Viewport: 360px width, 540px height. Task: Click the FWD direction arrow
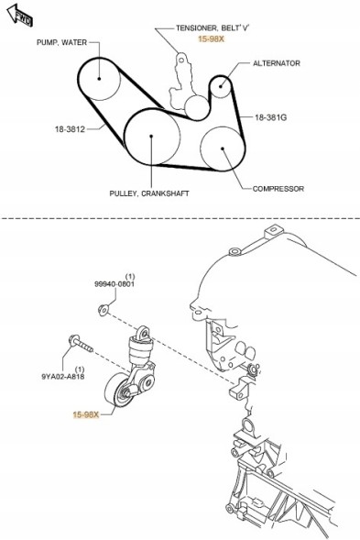point(20,16)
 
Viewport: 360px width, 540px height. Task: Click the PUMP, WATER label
point(62,42)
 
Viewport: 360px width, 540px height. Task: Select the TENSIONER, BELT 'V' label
point(213,28)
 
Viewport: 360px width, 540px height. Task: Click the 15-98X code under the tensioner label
point(211,39)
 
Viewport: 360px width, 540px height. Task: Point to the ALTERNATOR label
point(277,63)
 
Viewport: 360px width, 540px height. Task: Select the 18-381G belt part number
point(270,117)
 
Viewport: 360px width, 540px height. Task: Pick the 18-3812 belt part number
point(70,129)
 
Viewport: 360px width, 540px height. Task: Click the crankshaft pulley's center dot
point(151,137)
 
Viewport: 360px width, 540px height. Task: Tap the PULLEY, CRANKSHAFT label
point(149,193)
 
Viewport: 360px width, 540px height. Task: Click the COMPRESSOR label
point(278,189)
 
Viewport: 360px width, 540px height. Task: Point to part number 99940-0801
point(115,284)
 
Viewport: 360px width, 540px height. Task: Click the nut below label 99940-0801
point(103,310)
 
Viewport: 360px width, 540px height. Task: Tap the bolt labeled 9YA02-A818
point(81,344)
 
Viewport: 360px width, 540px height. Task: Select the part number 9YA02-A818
point(63,377)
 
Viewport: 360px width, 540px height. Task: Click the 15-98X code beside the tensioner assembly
point(86,414)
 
